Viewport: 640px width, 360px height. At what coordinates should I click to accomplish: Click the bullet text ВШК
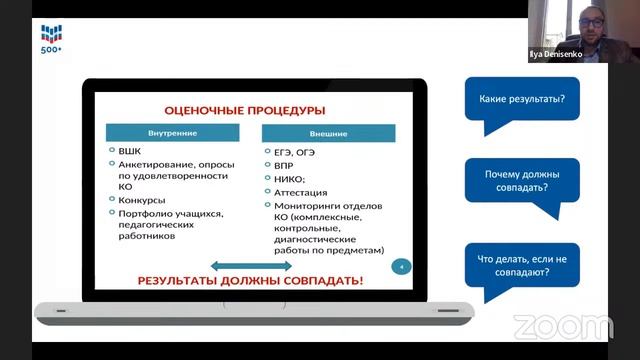click(130, 151)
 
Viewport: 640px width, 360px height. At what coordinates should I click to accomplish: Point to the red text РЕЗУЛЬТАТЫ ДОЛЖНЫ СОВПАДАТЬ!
click(251, 281)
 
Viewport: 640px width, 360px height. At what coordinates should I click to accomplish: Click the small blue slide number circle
click(401, 267)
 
